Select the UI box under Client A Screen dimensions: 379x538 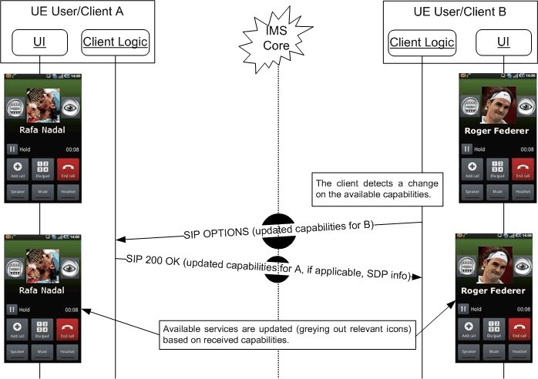(40, 42)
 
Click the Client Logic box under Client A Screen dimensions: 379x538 (115, 42)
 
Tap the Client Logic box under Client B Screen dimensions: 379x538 (422, 42)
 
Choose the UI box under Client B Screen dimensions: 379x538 (503, 42)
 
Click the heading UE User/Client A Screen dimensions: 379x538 (77, 12)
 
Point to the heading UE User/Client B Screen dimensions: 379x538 (459, 12)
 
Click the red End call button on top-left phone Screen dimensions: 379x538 (66, 169)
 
